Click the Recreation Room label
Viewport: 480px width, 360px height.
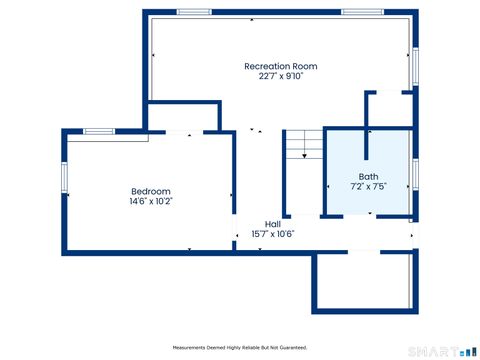(x=280, y=66)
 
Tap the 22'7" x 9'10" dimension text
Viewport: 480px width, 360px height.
(x=280, y=76)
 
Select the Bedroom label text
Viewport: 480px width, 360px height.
(x=151, y=191)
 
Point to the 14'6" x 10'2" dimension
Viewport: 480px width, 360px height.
(x=151, y=201)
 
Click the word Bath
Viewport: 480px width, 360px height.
(x=368, y=176)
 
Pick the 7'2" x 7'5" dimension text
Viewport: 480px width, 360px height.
(x=368, y=186)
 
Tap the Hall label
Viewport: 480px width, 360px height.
(x=272, y=224)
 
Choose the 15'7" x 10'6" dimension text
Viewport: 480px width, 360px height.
(x=272, y=234)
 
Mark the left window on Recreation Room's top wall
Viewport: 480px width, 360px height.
(x=194, y=12)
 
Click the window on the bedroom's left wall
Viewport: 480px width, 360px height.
(x=64, y=178)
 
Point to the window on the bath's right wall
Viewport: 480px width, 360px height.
(x=414, y=173)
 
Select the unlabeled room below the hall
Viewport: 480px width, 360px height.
(x=364, y=280)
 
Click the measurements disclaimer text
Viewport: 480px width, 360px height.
(x=240, y=347)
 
